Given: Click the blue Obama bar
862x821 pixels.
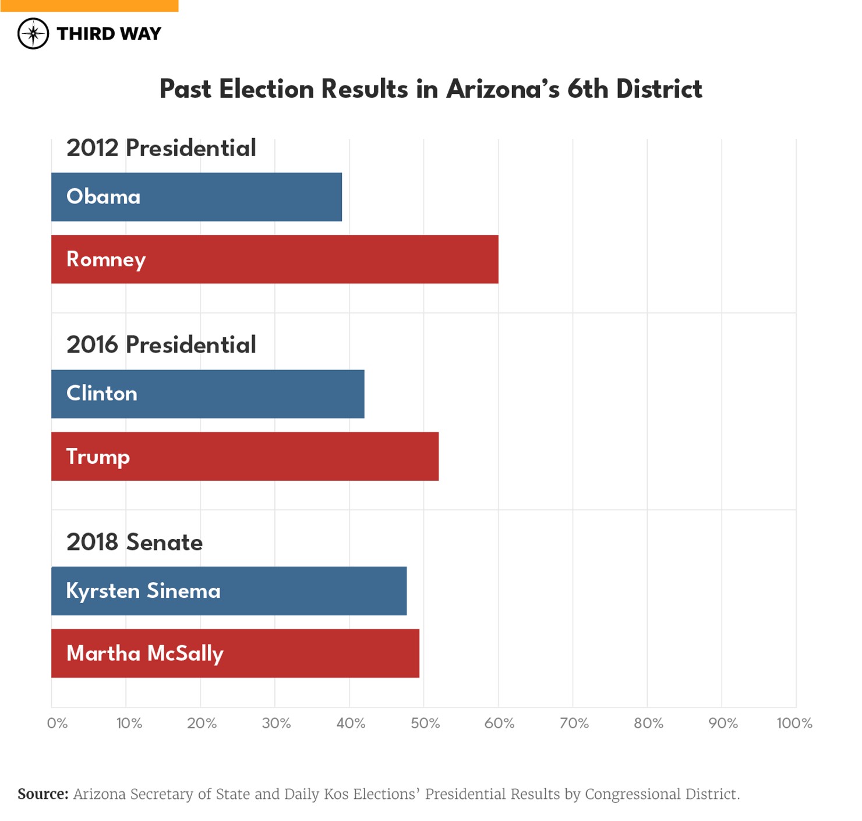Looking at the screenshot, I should click(196, 197).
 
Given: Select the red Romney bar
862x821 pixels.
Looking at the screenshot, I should click(274, 259).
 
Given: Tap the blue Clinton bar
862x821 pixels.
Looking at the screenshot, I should click(207, 394).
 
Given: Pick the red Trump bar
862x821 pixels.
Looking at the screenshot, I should click(245, 456).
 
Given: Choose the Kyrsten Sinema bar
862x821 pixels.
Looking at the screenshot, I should click(229, 591).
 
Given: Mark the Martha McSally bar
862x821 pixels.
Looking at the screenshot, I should click(235, 653).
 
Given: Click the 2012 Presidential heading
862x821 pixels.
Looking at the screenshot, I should click(161, 148).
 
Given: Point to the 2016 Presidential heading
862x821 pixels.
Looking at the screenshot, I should click(161, 345).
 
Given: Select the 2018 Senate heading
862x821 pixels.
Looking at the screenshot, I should click(135, 542).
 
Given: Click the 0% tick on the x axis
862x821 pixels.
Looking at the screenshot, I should click(57, 723).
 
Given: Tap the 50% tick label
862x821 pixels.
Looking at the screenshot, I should click(425, 723).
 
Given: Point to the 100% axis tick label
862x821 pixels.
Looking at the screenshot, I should click(794, 723).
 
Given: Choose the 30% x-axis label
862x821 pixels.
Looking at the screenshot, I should click(276, 723).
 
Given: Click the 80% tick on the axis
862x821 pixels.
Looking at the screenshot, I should click(648, 723).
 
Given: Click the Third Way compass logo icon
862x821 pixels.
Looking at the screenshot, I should click(33, 33).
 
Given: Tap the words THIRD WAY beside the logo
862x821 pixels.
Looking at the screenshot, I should click(109, 34).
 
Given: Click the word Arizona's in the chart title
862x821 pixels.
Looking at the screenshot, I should click(503, 89).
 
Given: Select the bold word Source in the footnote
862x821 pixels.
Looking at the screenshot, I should click(43, 794).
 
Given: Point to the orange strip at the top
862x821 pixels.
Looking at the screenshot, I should click(89, 5).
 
